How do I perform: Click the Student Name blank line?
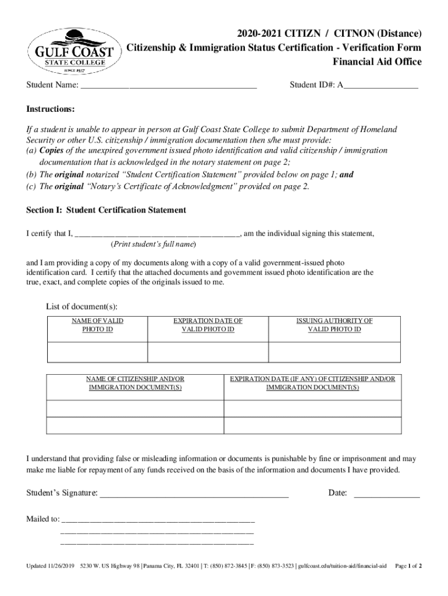coord(169,86)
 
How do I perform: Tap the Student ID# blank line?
coord(381,86)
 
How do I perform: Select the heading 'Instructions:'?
coord(50,109)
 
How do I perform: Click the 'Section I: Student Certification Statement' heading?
coord(106,210)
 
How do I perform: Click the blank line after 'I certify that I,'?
coord(157,234)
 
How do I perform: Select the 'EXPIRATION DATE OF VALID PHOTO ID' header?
coord(208,325)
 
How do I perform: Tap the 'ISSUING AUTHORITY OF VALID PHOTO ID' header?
coord(334,325)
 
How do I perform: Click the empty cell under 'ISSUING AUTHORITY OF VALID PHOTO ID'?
coord(334,352)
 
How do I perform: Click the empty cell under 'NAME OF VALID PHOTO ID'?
coord(97,352)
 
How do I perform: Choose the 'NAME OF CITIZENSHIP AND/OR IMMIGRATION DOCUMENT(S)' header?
coord(135,383)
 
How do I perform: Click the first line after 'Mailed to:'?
coord(158,519)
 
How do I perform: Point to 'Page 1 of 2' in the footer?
coord(408,566)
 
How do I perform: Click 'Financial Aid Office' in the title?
coord(376,62)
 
